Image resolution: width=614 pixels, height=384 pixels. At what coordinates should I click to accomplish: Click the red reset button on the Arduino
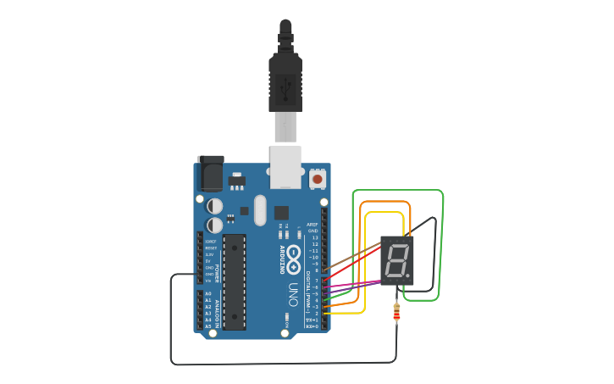[318, 178]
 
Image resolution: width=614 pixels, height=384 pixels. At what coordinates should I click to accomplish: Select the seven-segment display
[396, 260]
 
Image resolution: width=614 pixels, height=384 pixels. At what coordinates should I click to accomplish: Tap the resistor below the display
[396, 314]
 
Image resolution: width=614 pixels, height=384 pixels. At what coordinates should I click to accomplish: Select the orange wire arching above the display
[385, 202]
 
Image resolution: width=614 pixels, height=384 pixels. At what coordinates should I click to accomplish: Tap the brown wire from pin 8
[351, 256]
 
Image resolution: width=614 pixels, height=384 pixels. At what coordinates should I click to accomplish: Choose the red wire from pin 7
[351, 262]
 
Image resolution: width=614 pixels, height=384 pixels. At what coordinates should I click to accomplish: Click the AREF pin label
[313, 225]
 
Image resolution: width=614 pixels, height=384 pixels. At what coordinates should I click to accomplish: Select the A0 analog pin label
[208, 293]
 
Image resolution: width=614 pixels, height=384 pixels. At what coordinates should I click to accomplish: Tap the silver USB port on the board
[285, 166]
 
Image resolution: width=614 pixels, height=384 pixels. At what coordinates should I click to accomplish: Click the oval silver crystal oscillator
[260, 209]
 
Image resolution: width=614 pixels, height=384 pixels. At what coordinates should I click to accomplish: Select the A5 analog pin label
[208, 326]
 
